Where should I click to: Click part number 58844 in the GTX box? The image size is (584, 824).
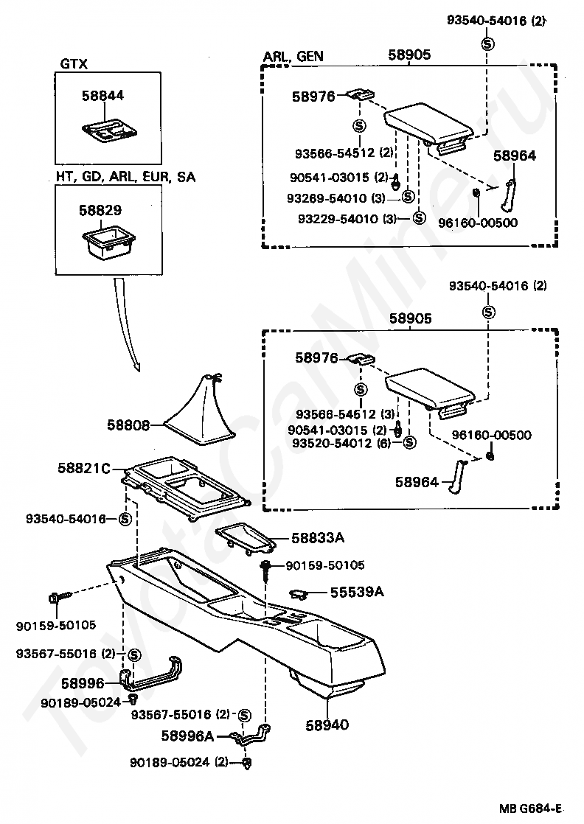[x=102, y=96]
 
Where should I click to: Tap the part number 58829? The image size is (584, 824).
[x=100, y=210]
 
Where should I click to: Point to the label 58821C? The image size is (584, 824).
[x=84, y=468]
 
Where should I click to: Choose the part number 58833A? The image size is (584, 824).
[x=318, y=537]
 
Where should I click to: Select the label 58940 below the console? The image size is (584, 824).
[x=327, y=725]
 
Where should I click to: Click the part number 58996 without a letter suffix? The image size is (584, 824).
[x=83, y=683]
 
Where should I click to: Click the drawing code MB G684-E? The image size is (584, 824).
[x=530, y=809]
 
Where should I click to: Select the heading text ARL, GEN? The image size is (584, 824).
[x=293, y=56]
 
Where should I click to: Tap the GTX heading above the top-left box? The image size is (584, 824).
[x=74, y=63]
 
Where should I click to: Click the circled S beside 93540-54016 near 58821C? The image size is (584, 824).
[x=125, y=519]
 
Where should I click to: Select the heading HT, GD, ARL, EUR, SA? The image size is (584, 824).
[x=125, y=177]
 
